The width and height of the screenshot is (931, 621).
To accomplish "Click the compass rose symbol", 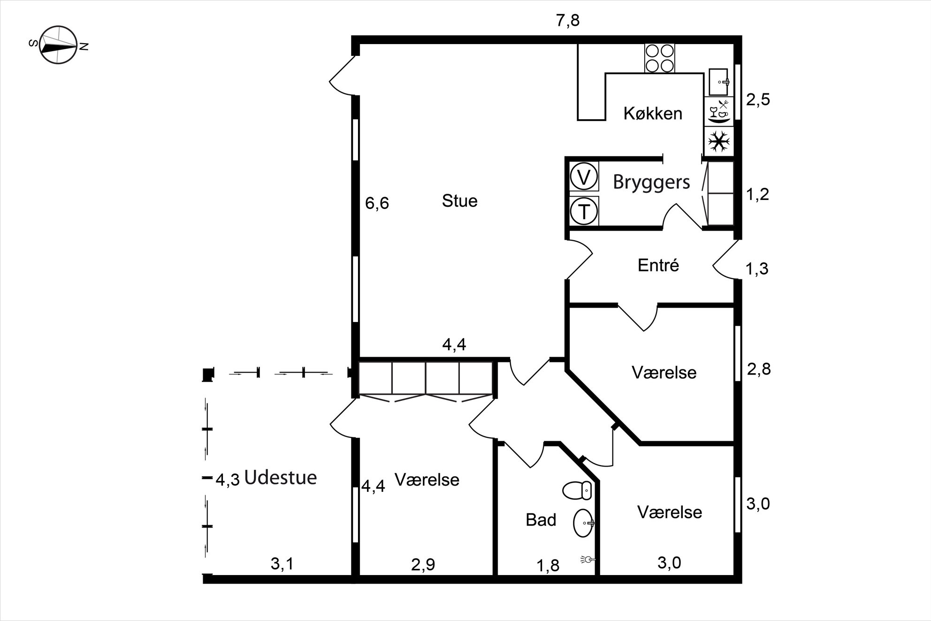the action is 58,45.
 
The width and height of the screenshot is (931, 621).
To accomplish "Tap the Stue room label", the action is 459,201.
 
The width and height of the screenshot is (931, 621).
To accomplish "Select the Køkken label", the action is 653,113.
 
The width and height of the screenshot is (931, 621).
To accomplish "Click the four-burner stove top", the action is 659,58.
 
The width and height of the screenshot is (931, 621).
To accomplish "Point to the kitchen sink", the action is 718,82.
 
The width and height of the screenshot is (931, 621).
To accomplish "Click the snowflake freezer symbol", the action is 718,141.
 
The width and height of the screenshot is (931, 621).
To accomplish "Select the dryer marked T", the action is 584,211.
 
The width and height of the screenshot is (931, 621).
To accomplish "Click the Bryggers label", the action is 651,182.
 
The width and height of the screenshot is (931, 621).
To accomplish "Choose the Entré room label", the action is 658,265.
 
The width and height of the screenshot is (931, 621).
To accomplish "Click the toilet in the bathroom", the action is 577,491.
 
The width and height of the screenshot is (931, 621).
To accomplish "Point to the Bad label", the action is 541,520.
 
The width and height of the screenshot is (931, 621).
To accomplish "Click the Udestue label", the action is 281,477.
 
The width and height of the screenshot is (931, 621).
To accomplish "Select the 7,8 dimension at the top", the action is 568,21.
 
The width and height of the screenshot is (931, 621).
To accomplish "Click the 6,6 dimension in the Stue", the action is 377,203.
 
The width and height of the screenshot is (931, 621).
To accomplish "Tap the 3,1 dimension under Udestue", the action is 282,564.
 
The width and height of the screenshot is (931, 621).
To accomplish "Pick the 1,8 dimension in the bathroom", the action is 548,566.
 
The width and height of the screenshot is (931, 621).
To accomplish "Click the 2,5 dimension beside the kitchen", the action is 758,100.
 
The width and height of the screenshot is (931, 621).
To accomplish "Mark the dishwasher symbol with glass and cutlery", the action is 718,111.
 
